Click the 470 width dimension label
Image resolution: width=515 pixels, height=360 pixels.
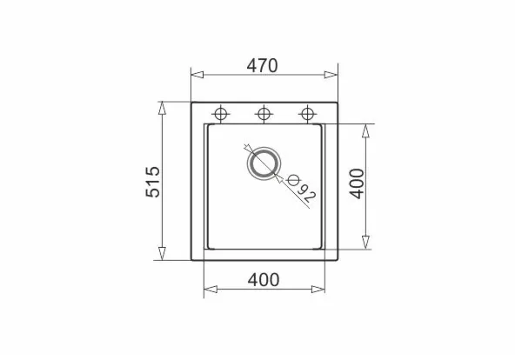[x=262, y=65]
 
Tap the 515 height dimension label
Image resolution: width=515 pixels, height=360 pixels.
[x=153, y=182]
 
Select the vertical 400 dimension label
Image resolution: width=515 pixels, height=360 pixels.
[x=357, y=183]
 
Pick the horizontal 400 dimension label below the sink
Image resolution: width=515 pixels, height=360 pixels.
[x=264, y=280]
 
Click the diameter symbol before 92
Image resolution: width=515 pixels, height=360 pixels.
[x=292, y=180]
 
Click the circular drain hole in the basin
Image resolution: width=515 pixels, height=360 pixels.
[x=264, y=163]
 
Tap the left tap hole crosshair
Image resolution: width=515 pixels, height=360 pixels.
[x=221, y=114]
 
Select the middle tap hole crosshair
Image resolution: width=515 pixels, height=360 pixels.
[x=264, y=114]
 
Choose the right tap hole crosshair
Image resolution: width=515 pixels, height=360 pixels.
[x=307, y=114]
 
